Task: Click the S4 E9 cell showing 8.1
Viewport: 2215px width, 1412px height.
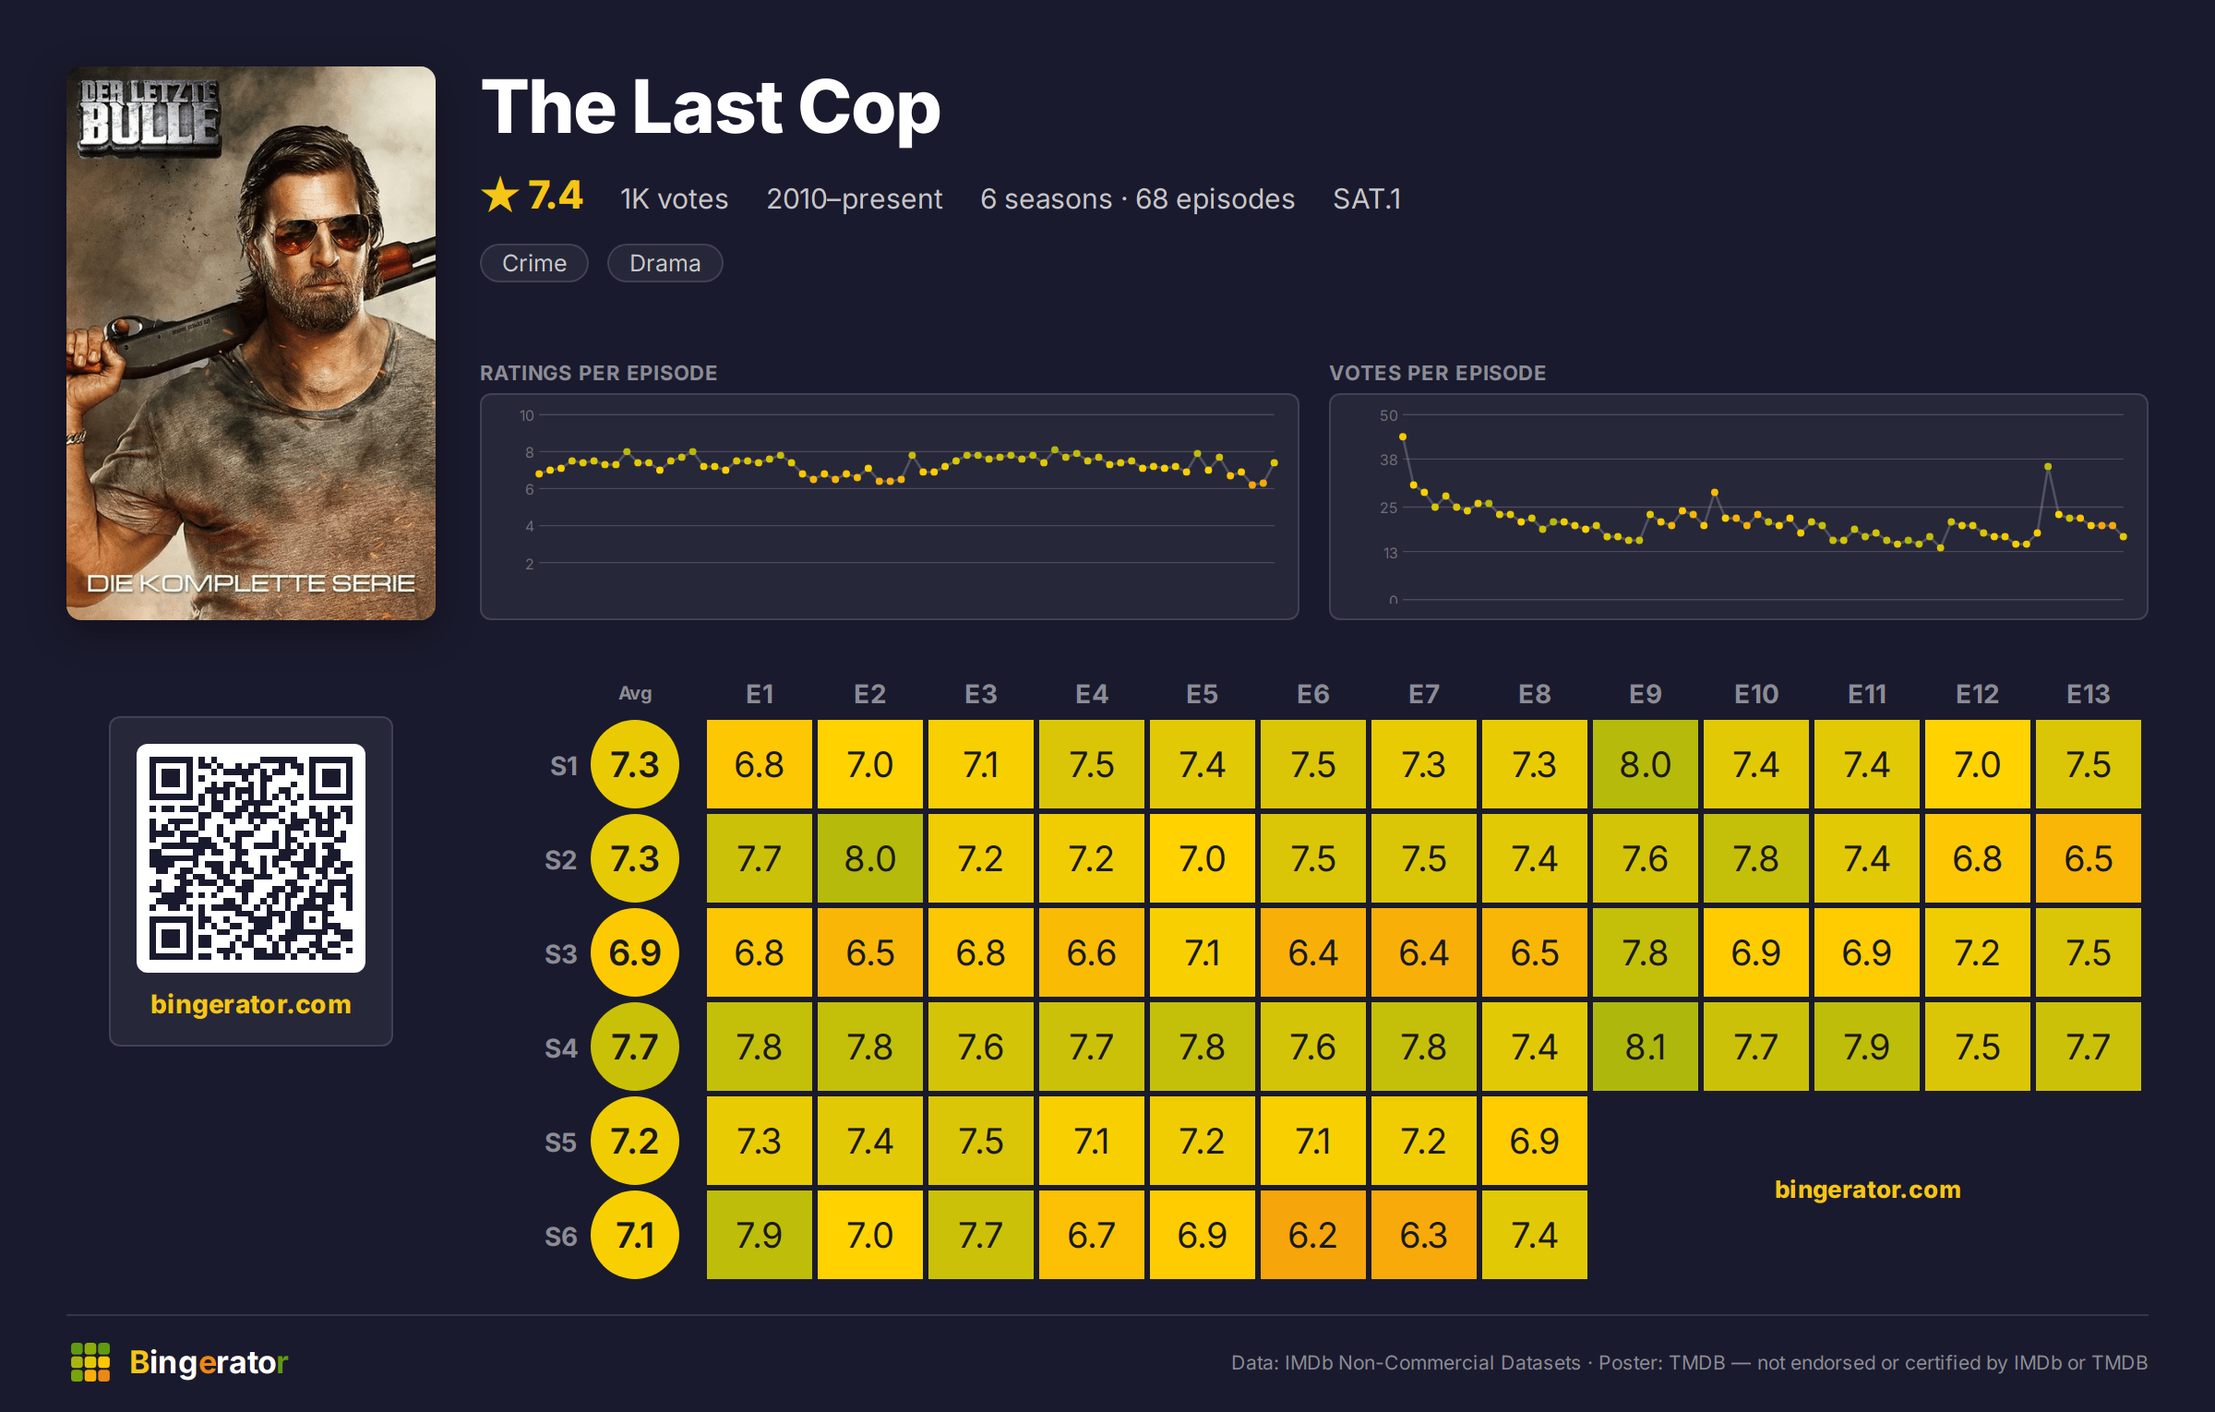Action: click(x=1645, y=1047)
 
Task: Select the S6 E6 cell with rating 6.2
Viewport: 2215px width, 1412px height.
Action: click(x=1312, y=1235)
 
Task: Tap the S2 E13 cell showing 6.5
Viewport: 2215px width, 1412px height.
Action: click(x=2088, y=858)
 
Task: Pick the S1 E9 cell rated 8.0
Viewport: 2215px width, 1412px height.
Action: click(x=1645, y=764)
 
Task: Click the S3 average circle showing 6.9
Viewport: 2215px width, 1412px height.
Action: click(x=635, y=952)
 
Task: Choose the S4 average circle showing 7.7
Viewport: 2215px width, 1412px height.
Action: click(x=635, y=1047)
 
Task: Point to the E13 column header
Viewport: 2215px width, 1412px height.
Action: click(x=2088, y=694)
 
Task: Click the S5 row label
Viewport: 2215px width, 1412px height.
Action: click(x=560, y=1143)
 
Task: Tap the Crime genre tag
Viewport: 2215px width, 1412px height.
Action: click(x=534, y=263)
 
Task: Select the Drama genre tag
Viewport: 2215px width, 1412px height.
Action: click(x=664, y=263)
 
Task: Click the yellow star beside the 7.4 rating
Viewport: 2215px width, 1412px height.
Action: click(x=500, y=195)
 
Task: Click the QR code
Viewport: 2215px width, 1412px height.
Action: click(x=251, y=858)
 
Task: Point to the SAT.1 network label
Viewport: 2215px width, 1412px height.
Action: click(x=1367, y=198)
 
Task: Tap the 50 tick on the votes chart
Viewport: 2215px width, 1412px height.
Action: click(x=1388, y=415)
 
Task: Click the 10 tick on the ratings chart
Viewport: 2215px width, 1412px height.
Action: click(x=526, y=415)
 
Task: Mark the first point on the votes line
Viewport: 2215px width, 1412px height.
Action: click(x=1403, y=437)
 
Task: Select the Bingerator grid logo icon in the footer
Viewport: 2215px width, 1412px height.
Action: click(x=90, y=1362)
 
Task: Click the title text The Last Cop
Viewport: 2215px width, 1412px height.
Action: click(x=711, y=108)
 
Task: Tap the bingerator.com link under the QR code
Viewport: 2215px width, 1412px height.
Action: click(x=251, y=1004)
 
